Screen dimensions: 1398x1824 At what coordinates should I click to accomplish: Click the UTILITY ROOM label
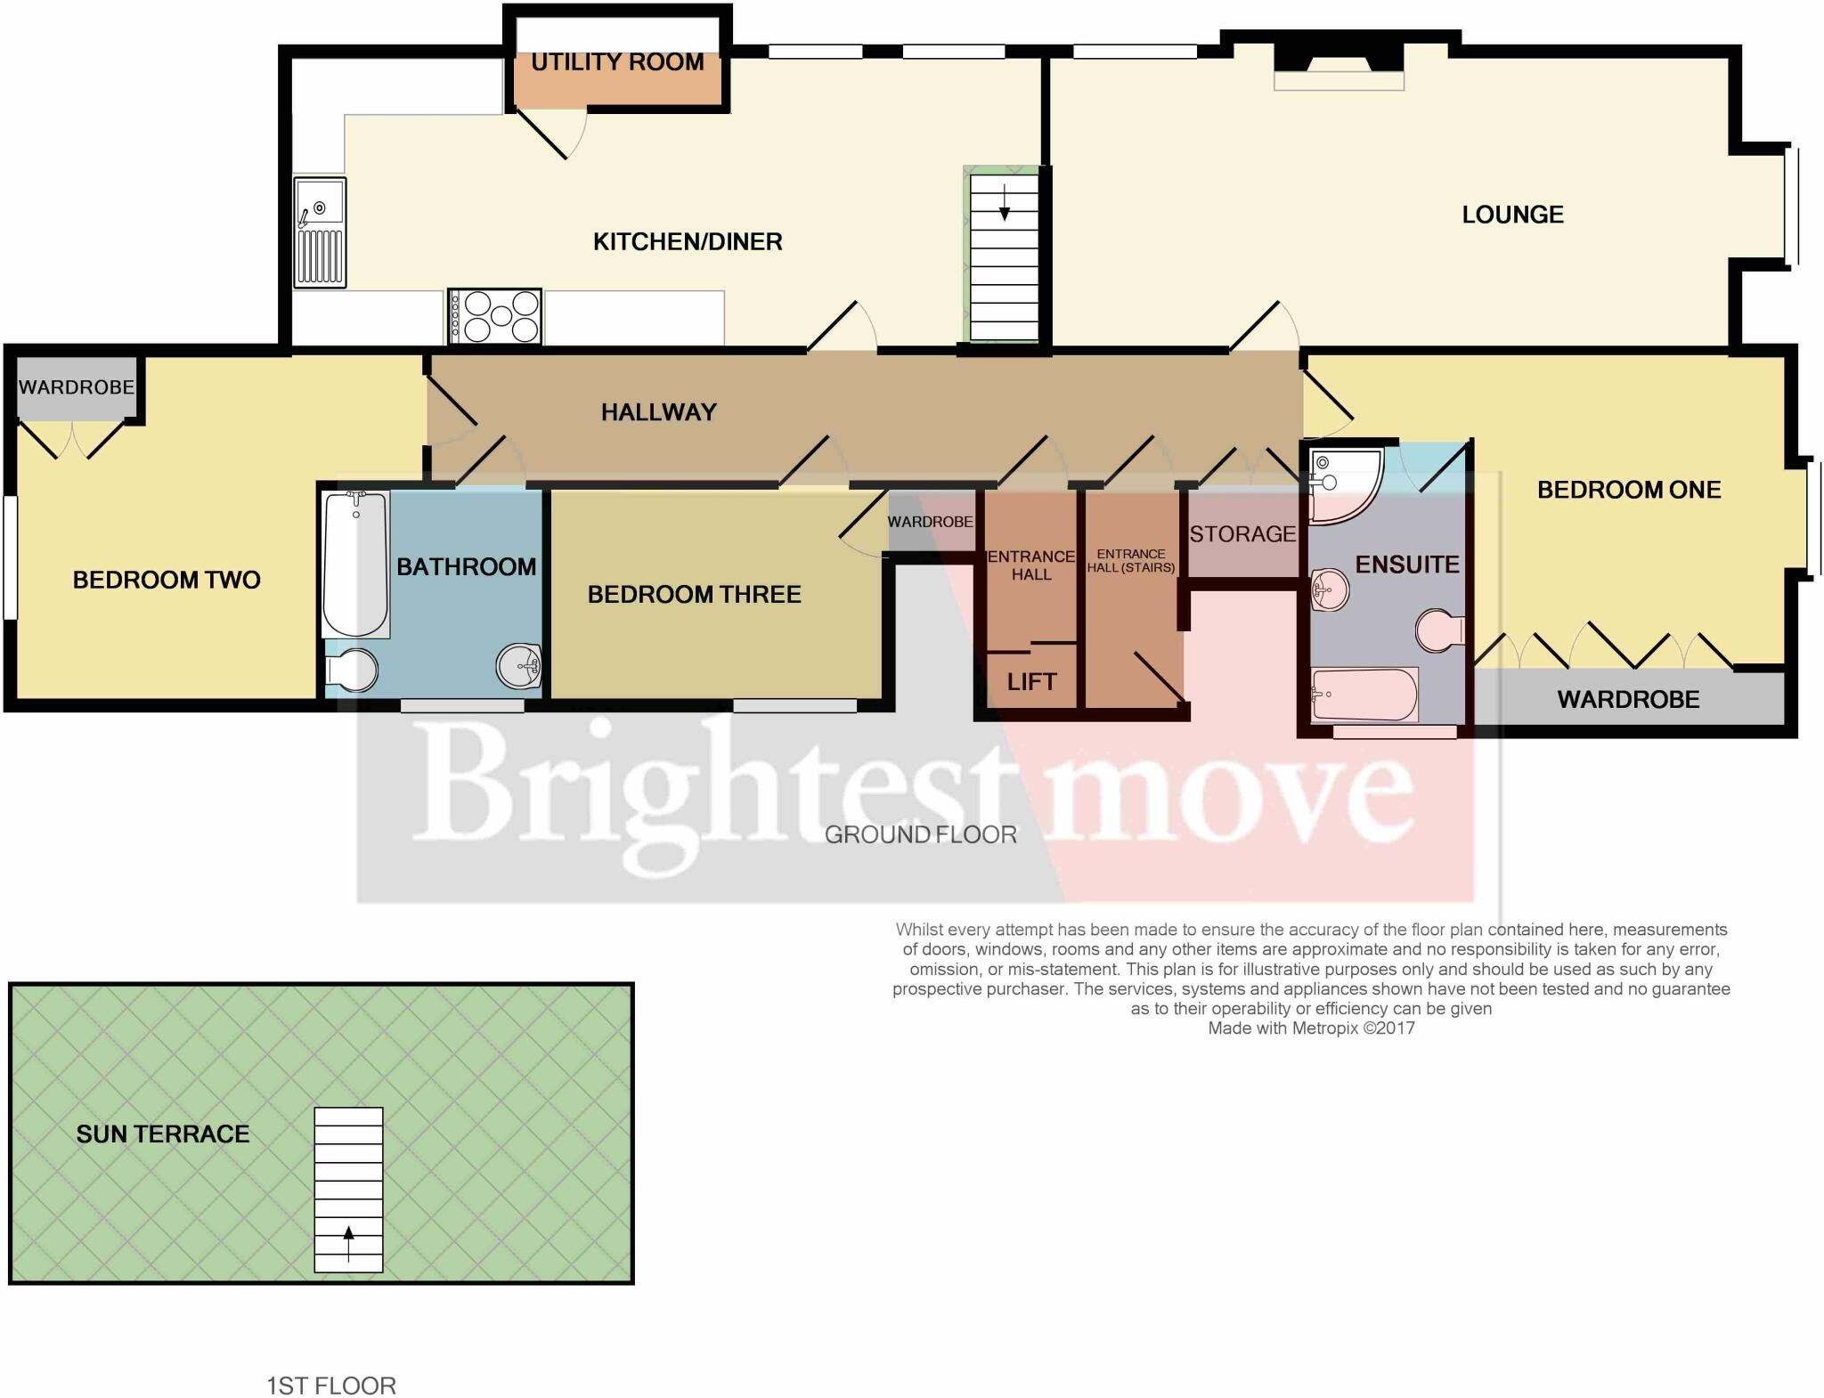tap(617, 62)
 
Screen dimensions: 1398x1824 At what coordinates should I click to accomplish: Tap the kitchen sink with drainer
tap(320, 232)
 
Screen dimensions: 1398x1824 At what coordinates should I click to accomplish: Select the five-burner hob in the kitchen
tap(496, 316)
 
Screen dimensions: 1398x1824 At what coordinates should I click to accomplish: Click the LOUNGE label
tap(1512, 215)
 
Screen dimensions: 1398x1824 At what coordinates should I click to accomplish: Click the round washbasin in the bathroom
tap(519, 666)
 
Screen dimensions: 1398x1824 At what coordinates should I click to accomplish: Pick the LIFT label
tap(1031, 682)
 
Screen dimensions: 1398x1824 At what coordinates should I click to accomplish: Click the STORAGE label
tap(1242, 534)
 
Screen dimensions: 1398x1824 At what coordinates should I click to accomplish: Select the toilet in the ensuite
tap(1438, 630)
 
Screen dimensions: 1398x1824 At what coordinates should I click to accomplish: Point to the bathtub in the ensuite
tap(1363, 695)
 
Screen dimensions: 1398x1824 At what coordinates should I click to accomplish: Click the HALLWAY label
tap(658, 412)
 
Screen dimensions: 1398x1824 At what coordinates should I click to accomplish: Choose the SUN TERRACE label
tap(163, 1134)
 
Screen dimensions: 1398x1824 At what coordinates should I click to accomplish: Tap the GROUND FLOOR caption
tap(920, 834)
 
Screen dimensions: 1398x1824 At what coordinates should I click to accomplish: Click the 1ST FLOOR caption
tap(331, 1386)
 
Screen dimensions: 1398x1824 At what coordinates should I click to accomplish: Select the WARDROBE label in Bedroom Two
tap(77, 387)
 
